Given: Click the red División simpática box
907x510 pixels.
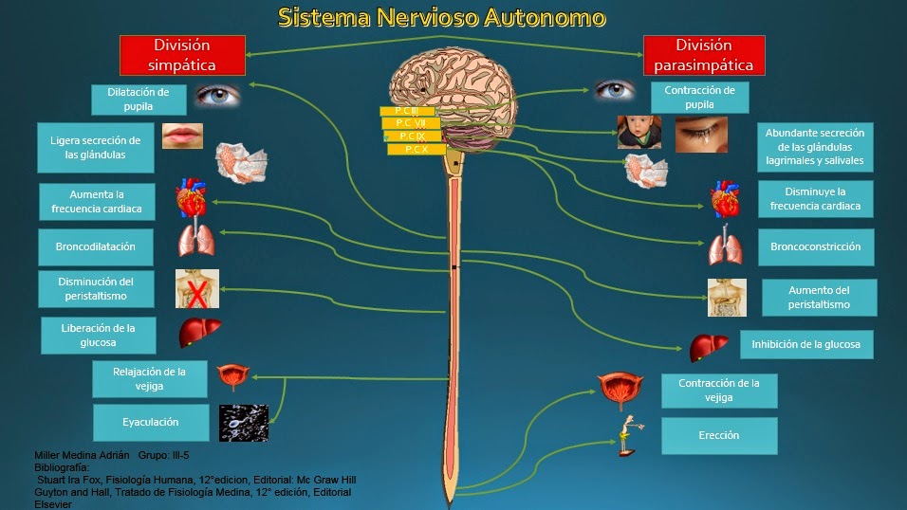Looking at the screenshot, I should [183, 55].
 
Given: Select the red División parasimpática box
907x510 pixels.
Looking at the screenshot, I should [703, 55].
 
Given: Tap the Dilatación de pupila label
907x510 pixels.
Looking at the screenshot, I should [138, 100].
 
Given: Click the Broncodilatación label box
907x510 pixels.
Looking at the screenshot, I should [96, 246].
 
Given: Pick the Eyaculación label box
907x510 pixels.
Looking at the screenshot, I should [150, 422].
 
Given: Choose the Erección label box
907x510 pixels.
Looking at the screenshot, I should [718, 435].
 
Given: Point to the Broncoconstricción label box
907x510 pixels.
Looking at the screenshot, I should [815, 246].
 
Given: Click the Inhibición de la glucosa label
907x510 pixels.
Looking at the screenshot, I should [805, 344].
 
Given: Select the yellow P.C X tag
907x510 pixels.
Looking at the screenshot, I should [416, 149].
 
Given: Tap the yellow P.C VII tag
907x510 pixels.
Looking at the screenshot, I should [410, 122].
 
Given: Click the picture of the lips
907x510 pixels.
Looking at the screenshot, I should [181, 136].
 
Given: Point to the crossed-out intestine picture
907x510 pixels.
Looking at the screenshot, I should [197, 289].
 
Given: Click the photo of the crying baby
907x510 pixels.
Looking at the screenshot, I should [639, 133].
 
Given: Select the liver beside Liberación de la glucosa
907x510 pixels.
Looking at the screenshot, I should [200, 333].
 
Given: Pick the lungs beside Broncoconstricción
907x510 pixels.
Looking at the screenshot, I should [725, 247].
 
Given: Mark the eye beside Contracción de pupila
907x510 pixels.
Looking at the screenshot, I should [615, 90].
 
